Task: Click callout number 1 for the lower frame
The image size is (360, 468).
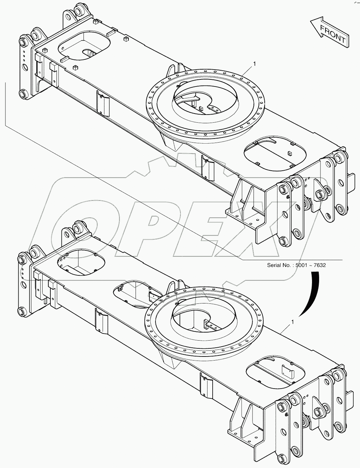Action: [292, 322]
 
